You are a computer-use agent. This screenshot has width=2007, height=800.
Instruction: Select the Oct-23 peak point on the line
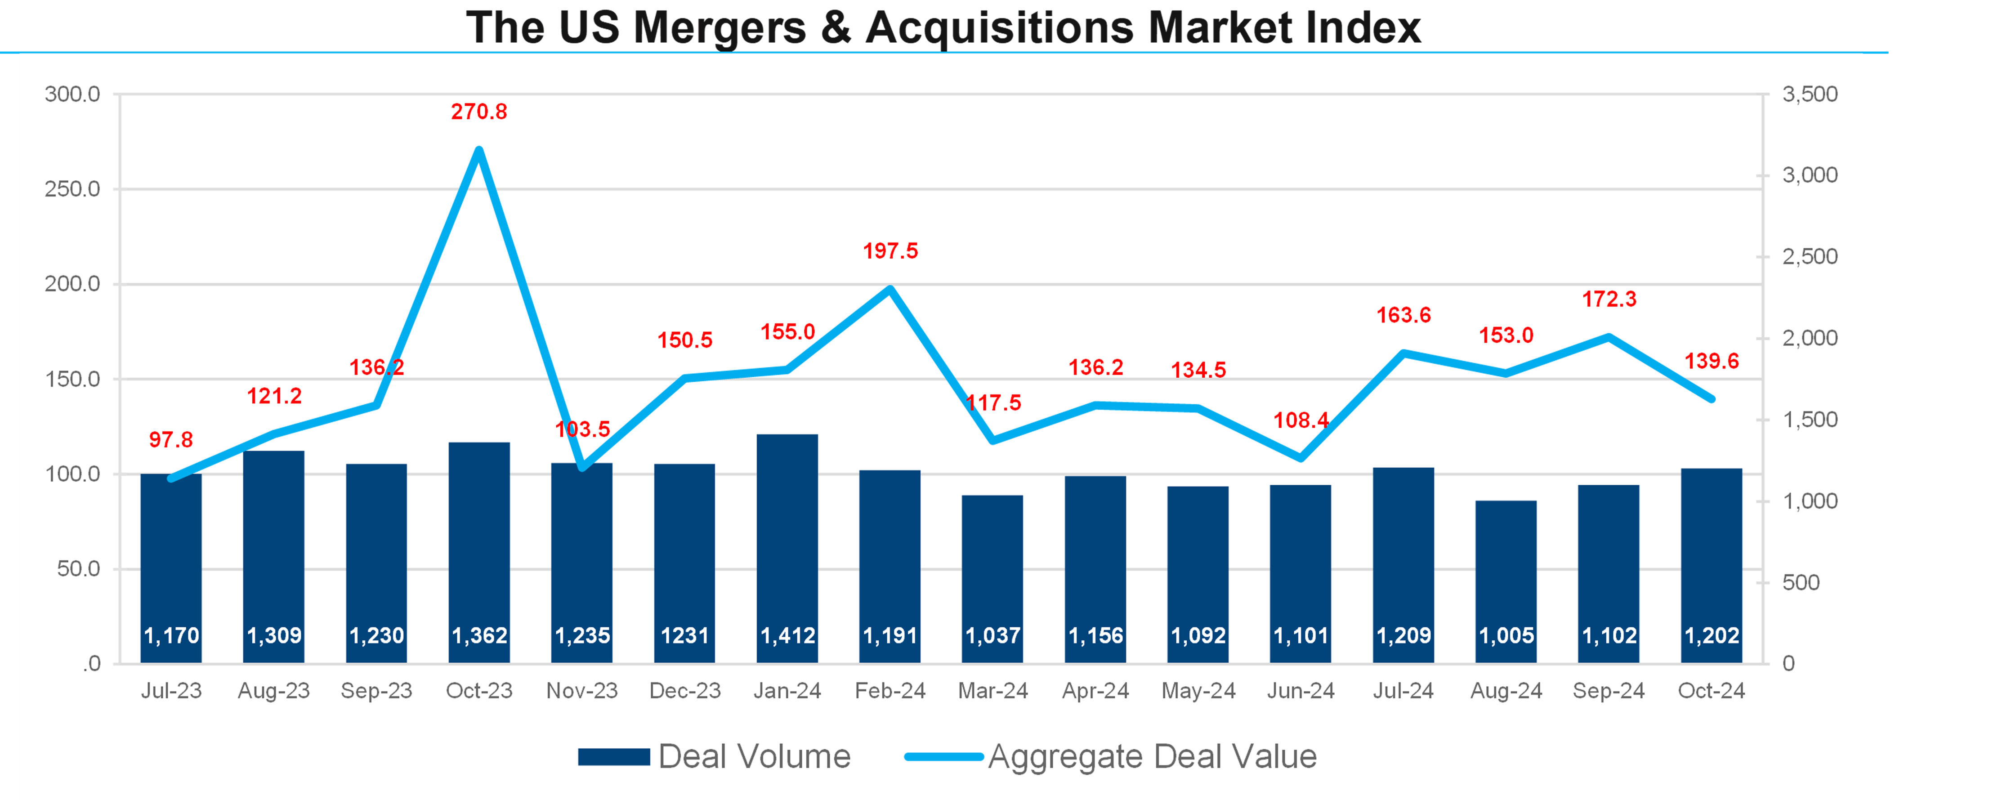point(479,150)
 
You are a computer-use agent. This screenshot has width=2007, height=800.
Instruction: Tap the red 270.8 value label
point(479,112)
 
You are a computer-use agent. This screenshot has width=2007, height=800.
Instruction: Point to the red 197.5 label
point(890,251)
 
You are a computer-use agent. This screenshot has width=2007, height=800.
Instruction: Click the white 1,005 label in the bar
point(1506,635)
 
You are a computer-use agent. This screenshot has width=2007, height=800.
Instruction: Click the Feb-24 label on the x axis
point(890,691)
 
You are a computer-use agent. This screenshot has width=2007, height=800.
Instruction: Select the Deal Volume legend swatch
point(614,756)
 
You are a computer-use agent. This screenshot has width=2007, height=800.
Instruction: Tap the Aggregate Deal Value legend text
point(1152,756)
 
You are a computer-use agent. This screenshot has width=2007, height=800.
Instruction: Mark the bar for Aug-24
point(1506,577)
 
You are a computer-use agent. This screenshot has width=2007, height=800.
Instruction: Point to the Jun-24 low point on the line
point(1301,458)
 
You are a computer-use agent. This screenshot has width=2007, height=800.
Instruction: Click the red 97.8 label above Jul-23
point(170,440)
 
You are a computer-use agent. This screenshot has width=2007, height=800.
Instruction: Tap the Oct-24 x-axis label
point(1711,691)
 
